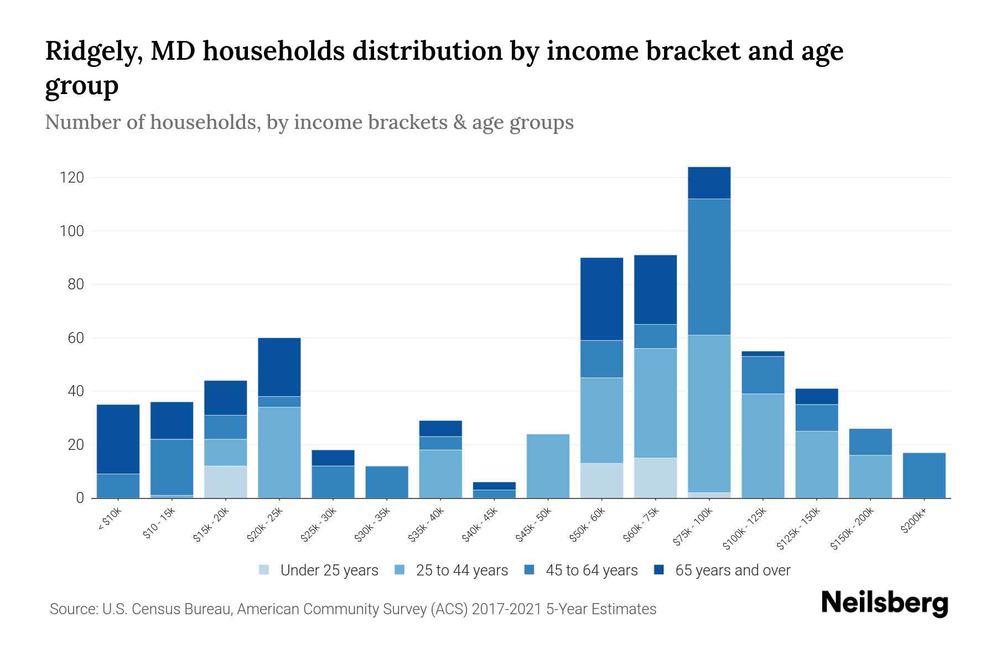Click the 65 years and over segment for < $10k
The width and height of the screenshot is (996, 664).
point(118,439)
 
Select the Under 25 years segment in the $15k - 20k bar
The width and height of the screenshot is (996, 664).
point(225,481)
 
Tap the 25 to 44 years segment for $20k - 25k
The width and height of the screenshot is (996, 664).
point(279,452)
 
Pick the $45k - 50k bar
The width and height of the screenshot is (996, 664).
point(548,465)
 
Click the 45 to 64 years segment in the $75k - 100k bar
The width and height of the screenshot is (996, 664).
point(709,267)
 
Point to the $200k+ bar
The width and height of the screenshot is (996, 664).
point(924,475)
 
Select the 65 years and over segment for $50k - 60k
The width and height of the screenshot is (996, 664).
point(601,299)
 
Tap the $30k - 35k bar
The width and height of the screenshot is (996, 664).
point(387,481)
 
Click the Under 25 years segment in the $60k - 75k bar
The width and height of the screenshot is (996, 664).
point(655,478)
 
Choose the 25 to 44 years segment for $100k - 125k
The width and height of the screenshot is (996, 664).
point(762,445)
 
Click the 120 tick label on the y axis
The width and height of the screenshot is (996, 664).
point(72,178)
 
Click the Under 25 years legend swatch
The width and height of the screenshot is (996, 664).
point(264,570)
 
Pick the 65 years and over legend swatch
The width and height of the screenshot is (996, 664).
point(659,570)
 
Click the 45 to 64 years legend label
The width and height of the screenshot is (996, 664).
point(592,570)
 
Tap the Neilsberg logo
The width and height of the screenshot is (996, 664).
point(884,603)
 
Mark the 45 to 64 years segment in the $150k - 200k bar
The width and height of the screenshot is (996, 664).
point(870,442)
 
